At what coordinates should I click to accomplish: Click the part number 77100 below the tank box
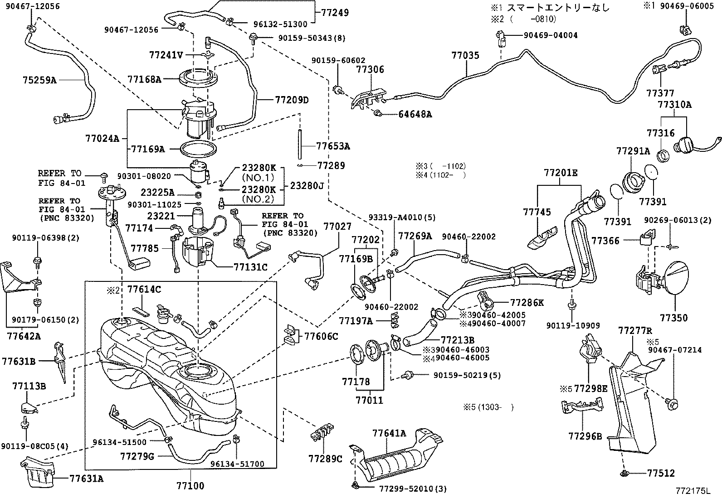pyautogui.click(x=190, y=486)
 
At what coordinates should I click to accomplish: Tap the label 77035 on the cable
pyautogui.click(x=465, y=56)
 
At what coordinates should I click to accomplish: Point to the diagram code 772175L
pyautogui.click(x=692, y=490)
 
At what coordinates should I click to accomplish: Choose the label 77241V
pyautogui.click(x=166, y=55)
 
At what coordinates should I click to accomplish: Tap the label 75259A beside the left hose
pyautogui.click(x=39, y=80)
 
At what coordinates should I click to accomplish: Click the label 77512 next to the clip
pyautogui.click(x=661, y=473)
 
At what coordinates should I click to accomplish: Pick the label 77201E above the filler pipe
pyautogui.click(x=561, y=173)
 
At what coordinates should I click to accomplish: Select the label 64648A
pyautogui.click(x=415, y=114)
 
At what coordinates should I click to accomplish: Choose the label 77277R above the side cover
pyautogui.click(x=634, y=331)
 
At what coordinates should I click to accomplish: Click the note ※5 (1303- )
pyautogui.click(x=485, y=407)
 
